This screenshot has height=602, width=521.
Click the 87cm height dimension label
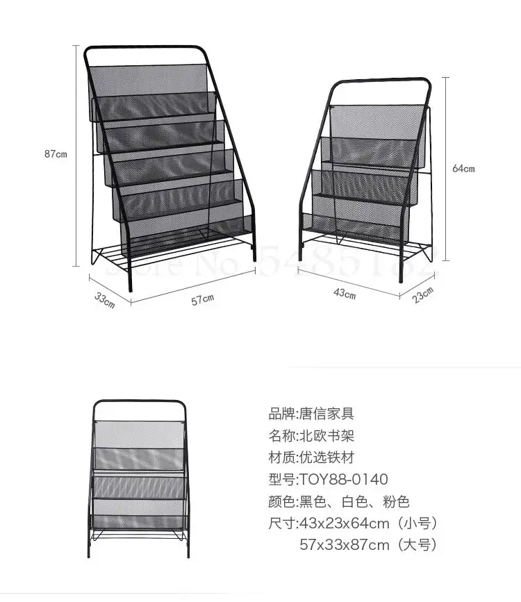(56, 154)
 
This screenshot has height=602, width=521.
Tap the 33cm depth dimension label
(104, 301)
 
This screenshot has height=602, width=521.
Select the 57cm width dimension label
(203, 299)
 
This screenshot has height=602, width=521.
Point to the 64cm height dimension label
(463, 168)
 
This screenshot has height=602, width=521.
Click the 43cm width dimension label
(344, 294)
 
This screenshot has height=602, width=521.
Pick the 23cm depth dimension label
(424, 294)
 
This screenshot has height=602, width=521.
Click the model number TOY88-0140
(343, 479)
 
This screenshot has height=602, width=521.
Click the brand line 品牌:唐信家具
(311, 414)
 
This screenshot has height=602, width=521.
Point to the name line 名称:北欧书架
(311, 436)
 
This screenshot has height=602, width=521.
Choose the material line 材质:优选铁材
(311, 458)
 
